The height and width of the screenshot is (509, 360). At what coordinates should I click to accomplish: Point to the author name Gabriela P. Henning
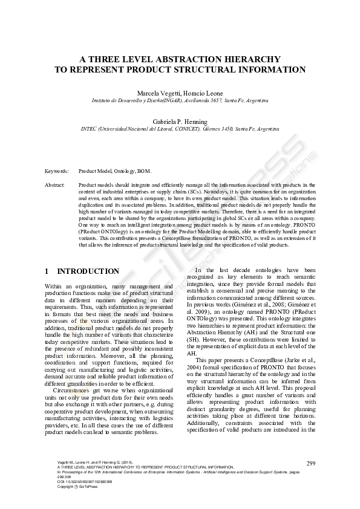[x=180, y=122]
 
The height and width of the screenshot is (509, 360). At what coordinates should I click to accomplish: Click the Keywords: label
[x=56, y=171]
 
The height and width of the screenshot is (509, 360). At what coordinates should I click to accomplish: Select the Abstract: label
[x=54, y=184]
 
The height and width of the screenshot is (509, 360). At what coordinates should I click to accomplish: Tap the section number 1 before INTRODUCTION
[x=47, y=271]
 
